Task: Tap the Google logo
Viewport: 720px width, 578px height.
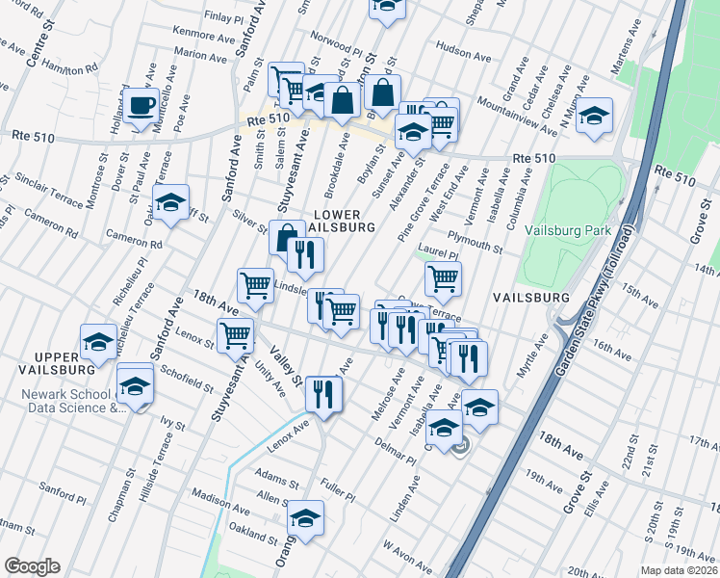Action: [32, 566]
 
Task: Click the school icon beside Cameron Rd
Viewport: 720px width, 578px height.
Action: [170, 203]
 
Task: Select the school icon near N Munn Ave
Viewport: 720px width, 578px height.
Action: [595, 117]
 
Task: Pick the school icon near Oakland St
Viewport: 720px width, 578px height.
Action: [306, 519]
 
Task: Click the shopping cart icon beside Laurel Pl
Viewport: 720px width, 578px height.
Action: [443, 279]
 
